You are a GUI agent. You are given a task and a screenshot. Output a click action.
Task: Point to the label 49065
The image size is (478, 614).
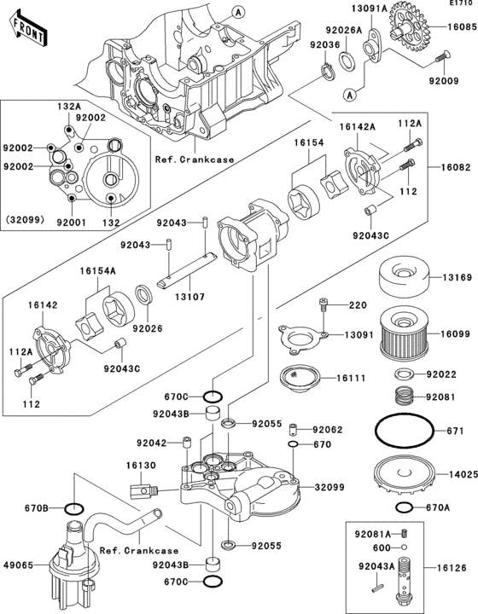click(20, 565)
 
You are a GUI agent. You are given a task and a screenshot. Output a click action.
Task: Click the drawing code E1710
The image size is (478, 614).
click(461, 5)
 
